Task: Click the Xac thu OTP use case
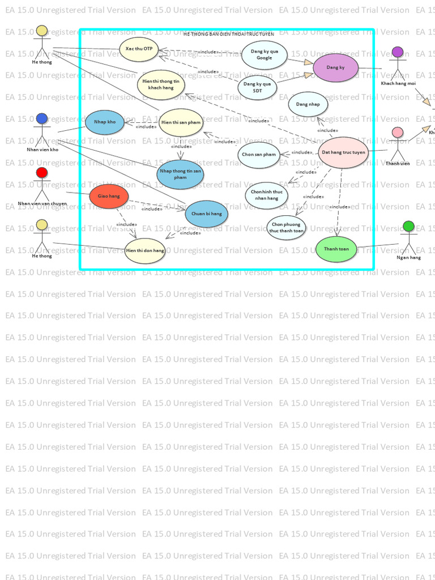[x=139, y=49]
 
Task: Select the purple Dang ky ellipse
[x=336, y=68]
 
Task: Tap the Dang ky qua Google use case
[x=264, y=55]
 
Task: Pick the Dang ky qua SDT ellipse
[x=257, y=87]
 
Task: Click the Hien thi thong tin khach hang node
[x=161, y=84]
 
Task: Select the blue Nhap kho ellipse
[x=105, y=122]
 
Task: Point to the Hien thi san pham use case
[x=181, y=122]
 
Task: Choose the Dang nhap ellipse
[x=308, y=105]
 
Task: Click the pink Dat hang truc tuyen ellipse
[x=344, y=152]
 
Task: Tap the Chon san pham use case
[x=259, y=155]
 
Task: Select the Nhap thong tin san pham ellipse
[x=180, y=174]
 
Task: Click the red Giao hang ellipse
[x=109, y=196]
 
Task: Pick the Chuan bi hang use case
[x=207, y=214]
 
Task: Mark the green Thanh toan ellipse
[x=336, y=249]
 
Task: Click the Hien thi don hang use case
[x=145, y=250]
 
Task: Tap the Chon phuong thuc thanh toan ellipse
[x=286, y=228]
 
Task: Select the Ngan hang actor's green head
[x=408, y=227]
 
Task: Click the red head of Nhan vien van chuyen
[x=41, y=173]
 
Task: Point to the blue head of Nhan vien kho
[x=41, y=119]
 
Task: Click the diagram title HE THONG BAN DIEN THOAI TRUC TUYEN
[x=228, y=35]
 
